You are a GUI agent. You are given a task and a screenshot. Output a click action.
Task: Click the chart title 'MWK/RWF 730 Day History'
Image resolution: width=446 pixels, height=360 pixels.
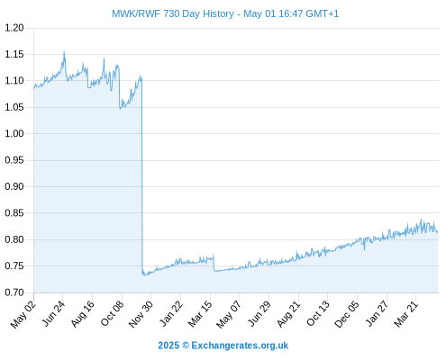(173, 13)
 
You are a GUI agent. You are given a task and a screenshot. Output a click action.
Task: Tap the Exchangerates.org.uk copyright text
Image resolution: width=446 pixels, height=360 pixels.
(223, 346)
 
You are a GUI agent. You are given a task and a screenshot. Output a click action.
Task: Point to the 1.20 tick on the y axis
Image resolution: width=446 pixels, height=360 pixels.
(14, 28)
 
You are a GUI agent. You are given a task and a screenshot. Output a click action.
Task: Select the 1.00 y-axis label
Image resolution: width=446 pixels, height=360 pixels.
(14, 133)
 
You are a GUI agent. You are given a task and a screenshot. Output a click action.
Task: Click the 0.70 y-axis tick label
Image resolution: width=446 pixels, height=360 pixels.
(14, 292)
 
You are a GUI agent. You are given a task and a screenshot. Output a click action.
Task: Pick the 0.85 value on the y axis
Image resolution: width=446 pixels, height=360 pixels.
(14, 213)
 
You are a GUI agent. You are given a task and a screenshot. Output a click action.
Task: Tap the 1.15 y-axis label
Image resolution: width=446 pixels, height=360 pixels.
(14, 54)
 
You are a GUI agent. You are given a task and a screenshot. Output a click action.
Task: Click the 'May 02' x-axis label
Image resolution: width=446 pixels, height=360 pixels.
(23, 314)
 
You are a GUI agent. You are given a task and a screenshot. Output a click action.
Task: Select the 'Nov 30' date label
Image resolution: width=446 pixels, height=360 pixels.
(141, 314)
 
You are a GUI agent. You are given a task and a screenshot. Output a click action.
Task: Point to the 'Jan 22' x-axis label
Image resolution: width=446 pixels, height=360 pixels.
(171, 314)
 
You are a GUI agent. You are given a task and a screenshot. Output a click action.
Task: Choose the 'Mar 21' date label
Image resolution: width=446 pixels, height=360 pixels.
(406, 314)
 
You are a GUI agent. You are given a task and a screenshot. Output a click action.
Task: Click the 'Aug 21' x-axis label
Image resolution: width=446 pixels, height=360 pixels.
(288, 314)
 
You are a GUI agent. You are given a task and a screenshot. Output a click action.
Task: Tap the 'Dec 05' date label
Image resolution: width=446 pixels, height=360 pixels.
(347, 314)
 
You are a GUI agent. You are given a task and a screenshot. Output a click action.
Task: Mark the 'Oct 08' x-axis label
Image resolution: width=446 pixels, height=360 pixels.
(112, 314)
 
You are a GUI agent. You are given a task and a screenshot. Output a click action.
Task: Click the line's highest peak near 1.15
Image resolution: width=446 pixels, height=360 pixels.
(64, 52)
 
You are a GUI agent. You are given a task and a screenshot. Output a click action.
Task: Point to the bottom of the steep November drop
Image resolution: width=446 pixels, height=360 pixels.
(143, 274)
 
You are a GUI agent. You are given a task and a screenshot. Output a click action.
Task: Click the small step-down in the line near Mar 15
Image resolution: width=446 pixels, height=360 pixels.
(214, 263)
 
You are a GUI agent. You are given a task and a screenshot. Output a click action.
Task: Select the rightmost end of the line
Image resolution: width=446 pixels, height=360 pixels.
(438, 231)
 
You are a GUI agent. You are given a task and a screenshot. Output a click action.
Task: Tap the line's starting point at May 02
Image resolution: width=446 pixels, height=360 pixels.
(34, 88)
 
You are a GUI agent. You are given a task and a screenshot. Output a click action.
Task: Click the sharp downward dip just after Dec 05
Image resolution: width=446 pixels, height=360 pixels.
(364, 249)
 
